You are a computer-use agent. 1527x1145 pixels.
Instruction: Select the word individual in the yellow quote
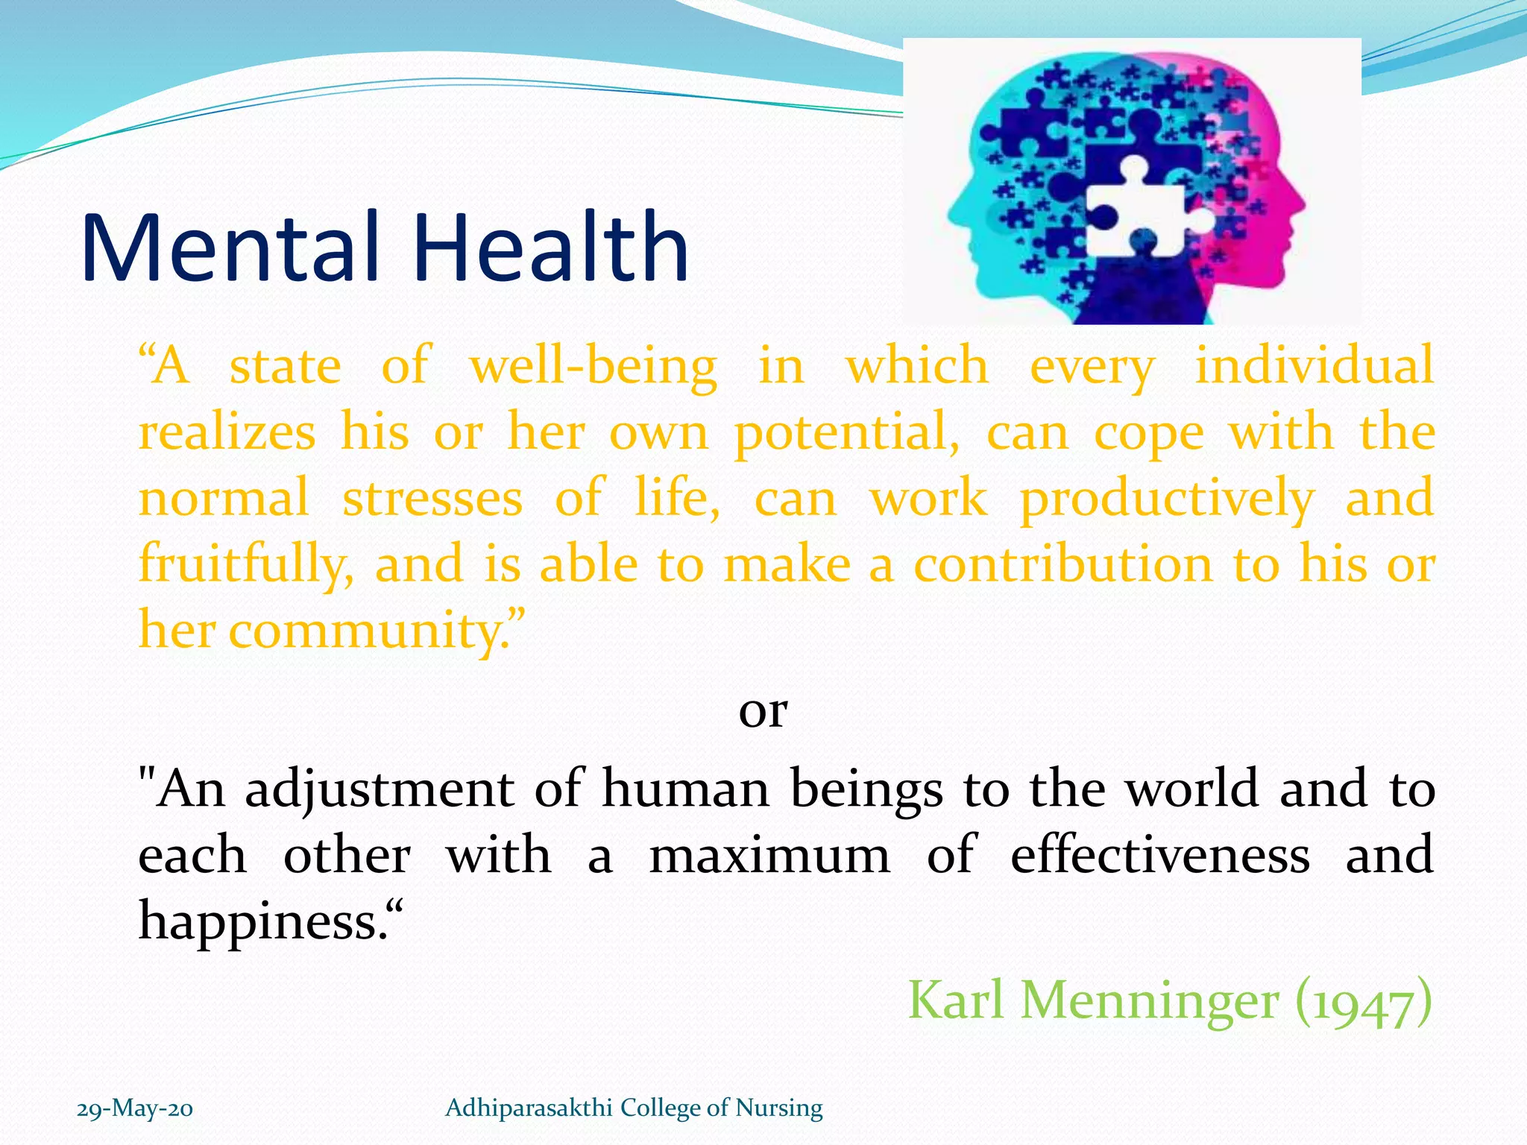coord(1314,365)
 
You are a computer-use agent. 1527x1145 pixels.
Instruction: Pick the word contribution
coord(1062,564)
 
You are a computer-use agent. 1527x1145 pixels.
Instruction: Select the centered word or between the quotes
coord(763,711)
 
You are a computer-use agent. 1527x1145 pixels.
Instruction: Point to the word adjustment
coord(379,790)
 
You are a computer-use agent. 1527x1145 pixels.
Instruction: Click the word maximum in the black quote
coord(769,856)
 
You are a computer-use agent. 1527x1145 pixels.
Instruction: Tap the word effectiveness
coord(1159,855)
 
